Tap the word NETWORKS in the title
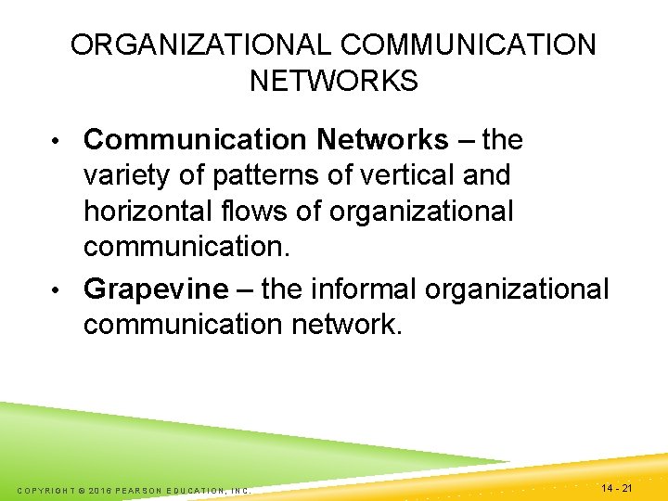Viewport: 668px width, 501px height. [x=334, y=82]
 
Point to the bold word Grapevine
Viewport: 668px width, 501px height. [x=155, y=289]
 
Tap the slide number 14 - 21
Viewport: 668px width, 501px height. [x=617, y=488]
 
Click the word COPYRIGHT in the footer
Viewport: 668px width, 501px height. [x=45, y=490]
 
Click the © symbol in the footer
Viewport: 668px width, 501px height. [x=83, y=490]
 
